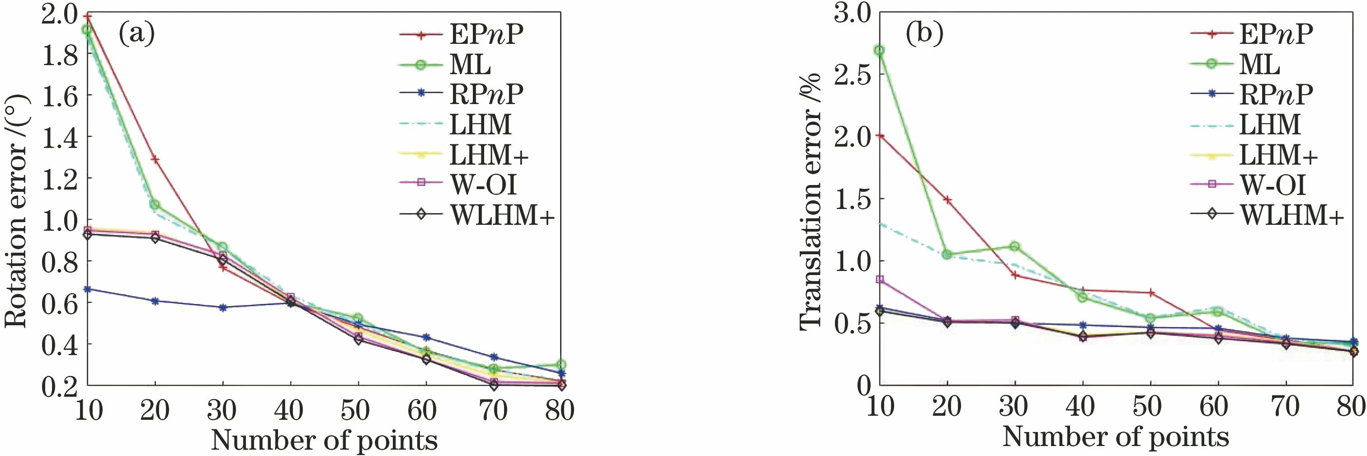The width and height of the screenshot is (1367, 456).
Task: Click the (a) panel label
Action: pos(137,34)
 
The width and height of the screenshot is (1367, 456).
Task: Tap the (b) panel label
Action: pos(924,34)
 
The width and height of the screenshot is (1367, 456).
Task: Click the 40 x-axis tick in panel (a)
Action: pos(290,409)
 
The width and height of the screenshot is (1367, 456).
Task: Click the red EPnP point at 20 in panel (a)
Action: pos(155,159)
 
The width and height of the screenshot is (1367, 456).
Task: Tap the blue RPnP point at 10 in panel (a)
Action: pos(88,289)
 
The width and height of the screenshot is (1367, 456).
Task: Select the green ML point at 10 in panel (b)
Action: pos(879,50)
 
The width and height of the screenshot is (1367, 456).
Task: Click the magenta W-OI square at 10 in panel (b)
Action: pos(879,279)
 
